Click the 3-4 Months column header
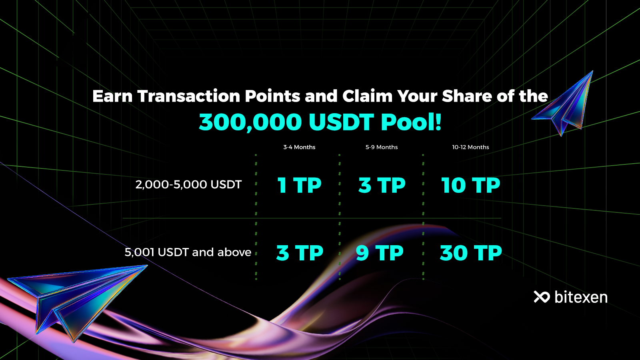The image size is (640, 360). [299, 147]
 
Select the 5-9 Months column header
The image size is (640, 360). [382, 147]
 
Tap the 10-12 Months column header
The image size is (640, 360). [470, 147]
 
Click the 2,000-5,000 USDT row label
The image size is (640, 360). [188, 184]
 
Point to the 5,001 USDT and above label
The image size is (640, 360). [188, 252]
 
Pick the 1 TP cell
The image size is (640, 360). [300, 185]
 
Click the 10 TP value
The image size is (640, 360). [470, 185]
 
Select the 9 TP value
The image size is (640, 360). [380, 253]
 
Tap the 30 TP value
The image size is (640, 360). [471, 253]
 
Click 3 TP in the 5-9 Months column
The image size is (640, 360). [382, 185]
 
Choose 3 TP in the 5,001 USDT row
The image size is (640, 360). [300, 253]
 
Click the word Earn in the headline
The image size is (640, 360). [112, 96]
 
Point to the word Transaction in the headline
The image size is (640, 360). [188, 96]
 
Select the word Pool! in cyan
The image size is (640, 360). [411, 122]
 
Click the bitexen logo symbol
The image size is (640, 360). [542, 297]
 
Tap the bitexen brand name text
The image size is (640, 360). [581, 297]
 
